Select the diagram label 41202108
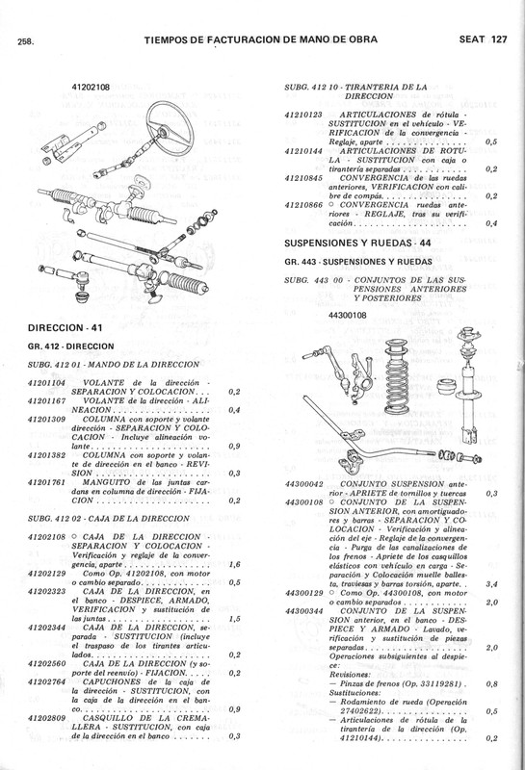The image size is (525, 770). [x=92, y=88]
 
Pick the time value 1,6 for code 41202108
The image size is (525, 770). [x=235, y=537]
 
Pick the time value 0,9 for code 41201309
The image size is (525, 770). [x=235, y=446]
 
